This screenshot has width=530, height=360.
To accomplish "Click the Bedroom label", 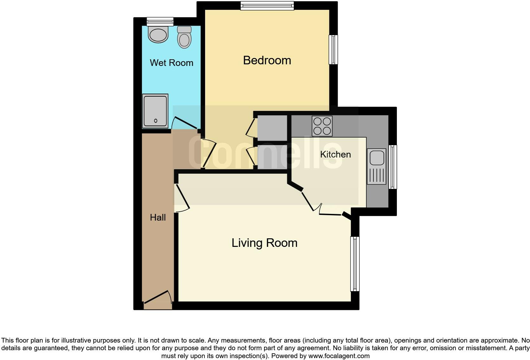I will pyautogui.click(x=267, y=60).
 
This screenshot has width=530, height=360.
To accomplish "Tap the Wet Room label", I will pyautogui.click(x=171, y=63).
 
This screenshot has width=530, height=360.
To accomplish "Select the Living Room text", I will pyautogui.click(x=264, y=243).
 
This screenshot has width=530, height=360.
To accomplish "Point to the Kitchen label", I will pyautogui.click(x=335, y=154).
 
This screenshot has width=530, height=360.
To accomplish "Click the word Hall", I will pyautogui.click(x=158, y=217).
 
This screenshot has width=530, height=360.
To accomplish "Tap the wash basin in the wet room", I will pyautogui.click(x=158, y=35).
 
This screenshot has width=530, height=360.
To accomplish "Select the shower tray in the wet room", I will pyautogui.click(x=155, y=111).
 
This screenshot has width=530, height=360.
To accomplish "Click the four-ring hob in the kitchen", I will pyautogui.click(x=322, y=126).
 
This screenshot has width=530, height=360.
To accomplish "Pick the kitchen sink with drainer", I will pyautogui.click(x=377, y=166).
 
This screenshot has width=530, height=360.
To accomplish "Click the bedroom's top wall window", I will pyautogui.click(x=267, y=6).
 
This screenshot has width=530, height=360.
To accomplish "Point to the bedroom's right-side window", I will pyautogui.click(x=333, y=49).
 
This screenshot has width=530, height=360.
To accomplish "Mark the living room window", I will pyautogui.click(x=355, y=264).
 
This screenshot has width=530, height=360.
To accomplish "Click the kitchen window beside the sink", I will pyautogui.click(x=393, y=167).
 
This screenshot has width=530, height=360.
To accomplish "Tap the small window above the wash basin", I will pyautogui.click(x=160, y=22).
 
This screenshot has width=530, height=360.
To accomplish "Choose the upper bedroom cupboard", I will pyautogui.click(x=272, y=128).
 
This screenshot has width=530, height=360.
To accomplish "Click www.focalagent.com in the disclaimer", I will pyautogui.click(x=339, y=356).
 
